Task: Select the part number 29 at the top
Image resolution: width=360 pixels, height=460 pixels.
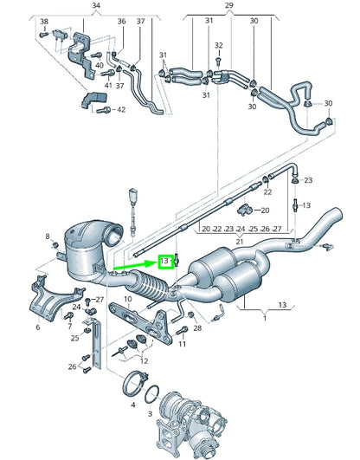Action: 229,5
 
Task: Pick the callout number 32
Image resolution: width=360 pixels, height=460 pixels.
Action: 219,45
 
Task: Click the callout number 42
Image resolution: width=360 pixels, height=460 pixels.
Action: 121,109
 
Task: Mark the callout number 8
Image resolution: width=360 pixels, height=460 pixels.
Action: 48,236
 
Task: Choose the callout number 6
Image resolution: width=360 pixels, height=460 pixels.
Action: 37,328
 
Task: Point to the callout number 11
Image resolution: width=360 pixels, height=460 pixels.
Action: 183,344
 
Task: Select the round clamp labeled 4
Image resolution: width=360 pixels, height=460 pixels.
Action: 134,381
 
